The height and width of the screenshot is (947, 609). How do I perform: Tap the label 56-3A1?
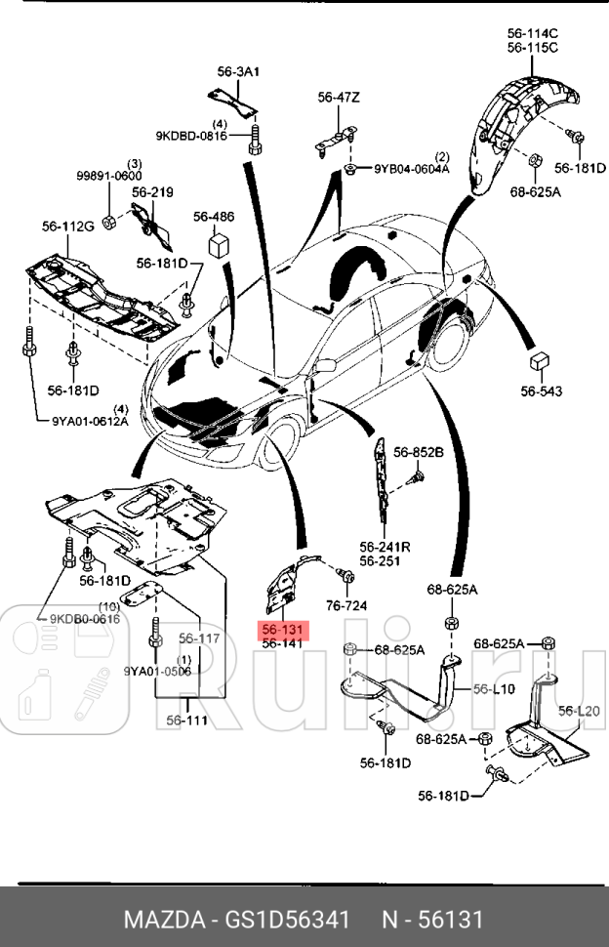[238, 71]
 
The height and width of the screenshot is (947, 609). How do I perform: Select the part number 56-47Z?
[339, 97]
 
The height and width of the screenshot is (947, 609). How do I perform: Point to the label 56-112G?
[67, 227]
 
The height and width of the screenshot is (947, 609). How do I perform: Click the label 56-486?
[214, 217]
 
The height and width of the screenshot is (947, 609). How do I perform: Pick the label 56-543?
[542, 391]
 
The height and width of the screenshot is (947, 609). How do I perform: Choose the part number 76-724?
[346, 605]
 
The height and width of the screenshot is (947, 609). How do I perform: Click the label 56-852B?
[419, 452]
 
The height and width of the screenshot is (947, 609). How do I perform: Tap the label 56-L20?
[579, 711]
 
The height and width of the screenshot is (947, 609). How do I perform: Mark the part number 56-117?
[199, 638]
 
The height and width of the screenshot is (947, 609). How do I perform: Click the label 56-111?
[186, 721]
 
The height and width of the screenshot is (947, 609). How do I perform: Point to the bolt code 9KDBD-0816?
[190, 136]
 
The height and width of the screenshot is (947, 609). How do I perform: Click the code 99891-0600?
[109, 176]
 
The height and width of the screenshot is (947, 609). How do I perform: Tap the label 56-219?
[152, 193]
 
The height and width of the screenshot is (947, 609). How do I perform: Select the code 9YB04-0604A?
[412, 169]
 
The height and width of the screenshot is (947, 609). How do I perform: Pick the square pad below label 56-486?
[217, 242]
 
